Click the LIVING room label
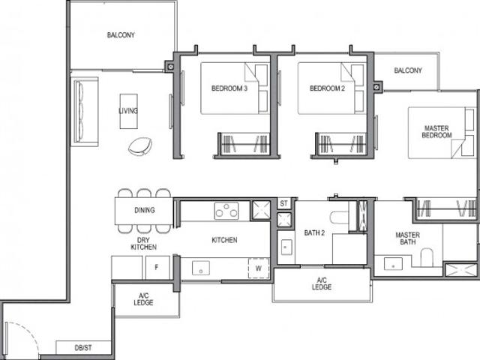tap(128, 111)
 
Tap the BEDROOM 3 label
tap(229, 88)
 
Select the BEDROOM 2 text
tap(326, 88)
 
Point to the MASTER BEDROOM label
tap(436, 131)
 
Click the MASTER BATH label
tap(408, 238)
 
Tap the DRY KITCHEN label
tap(143, 241)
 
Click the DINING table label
tap(145, 210)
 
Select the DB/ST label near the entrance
tap(83, 347)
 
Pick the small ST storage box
tap(283, 203)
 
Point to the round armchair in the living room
tap(140, 146)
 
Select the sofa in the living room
tap(81, 112)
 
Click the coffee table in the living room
tap(128, 111)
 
